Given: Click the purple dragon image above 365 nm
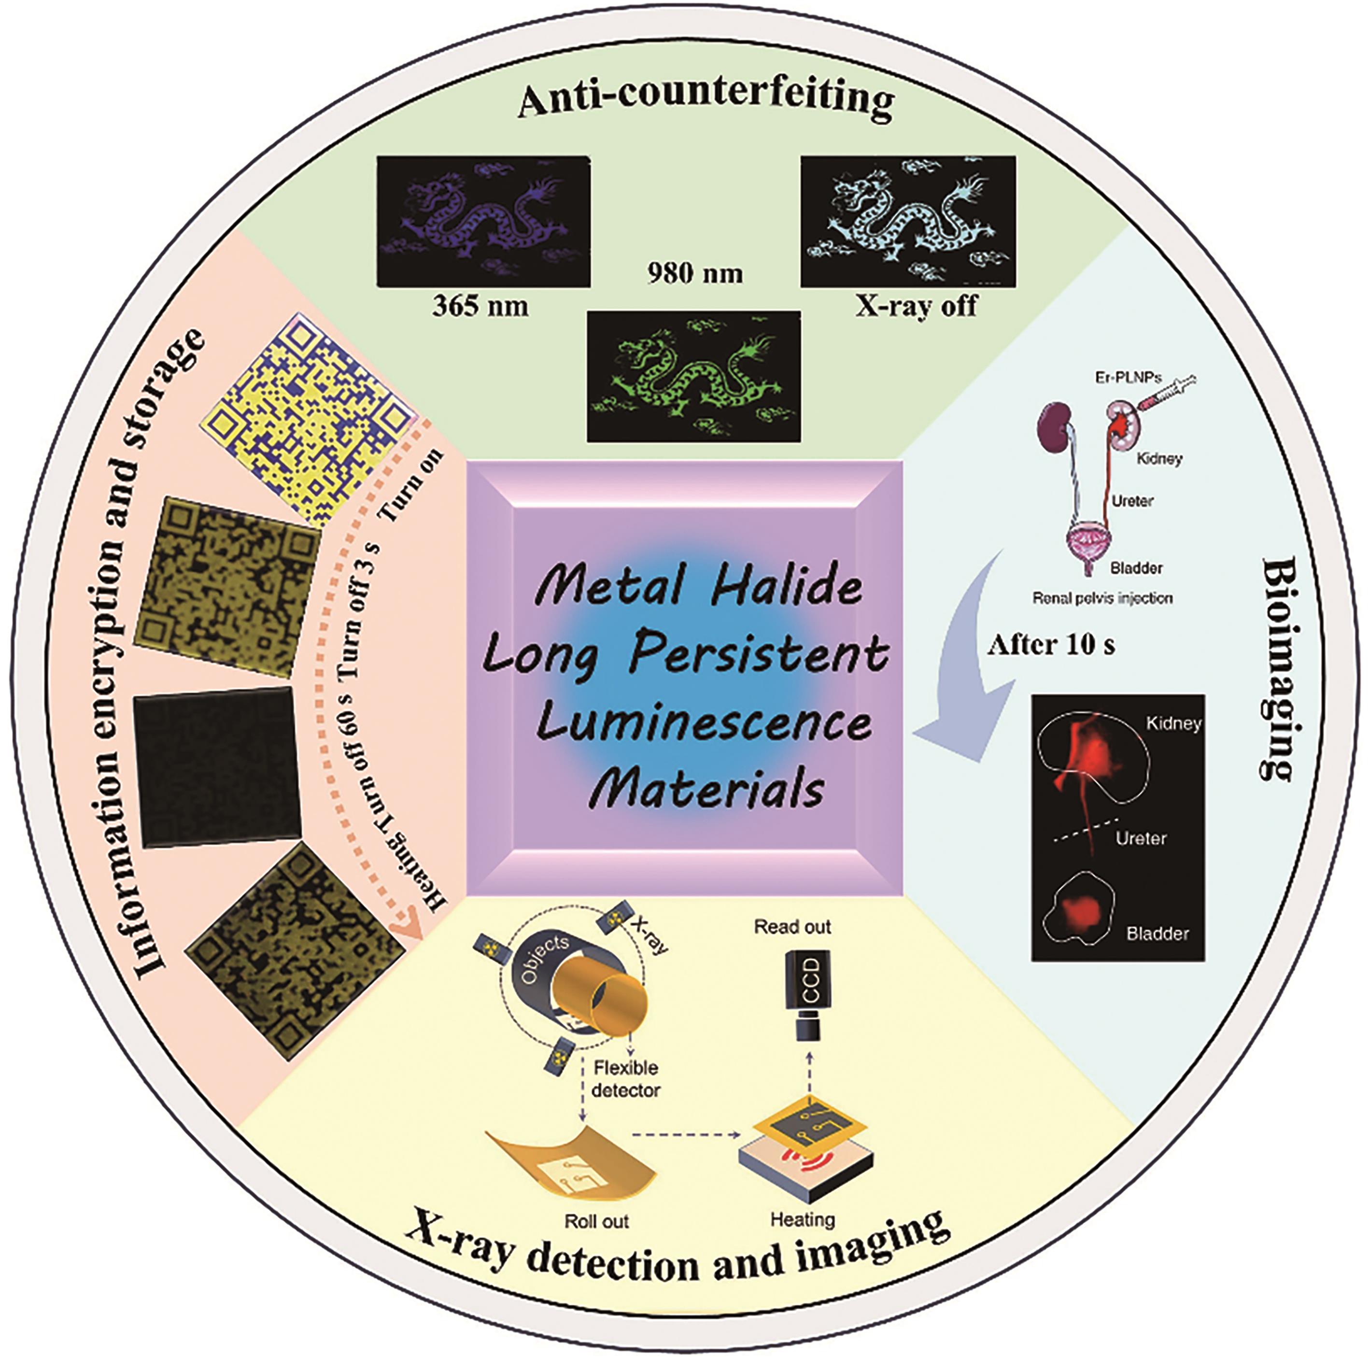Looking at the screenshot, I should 483,221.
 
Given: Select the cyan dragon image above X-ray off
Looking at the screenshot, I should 908,221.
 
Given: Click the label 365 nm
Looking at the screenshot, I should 480,307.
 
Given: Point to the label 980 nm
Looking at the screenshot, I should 695,273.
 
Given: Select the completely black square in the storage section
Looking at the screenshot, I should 216,767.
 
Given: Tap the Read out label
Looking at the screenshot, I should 792,927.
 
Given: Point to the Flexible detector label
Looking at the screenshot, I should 626,1078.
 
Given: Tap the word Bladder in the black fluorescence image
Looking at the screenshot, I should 1157,933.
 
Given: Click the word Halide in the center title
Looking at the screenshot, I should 787,587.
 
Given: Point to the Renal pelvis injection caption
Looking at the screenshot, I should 1102,599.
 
